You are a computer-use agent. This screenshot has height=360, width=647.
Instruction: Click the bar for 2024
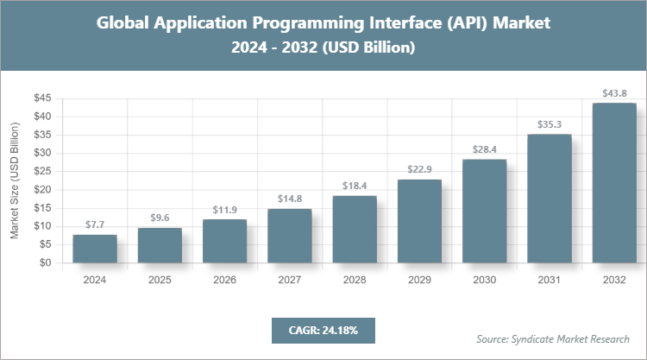point(95,249)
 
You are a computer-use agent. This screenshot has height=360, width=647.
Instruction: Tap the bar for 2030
point(485,212)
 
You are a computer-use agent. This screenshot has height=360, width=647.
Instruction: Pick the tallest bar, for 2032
point(614,183)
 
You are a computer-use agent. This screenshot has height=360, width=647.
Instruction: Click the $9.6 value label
point(160,218)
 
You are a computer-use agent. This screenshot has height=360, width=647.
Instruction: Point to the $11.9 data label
point(224,209)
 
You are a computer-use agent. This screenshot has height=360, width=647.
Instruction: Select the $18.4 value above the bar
point(355,186)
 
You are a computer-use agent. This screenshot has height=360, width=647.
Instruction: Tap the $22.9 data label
point(419,169)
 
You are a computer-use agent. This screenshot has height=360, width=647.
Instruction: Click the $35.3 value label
point(550,123)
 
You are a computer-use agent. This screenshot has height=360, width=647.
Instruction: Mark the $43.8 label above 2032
point(614,92)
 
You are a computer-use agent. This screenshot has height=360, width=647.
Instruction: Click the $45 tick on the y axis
point(41,98)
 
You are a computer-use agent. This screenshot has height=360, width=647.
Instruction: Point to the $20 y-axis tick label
point(41,190)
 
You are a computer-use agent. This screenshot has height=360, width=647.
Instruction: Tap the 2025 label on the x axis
point(160,280)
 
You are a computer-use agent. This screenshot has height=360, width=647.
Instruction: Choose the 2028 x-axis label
point(355,280)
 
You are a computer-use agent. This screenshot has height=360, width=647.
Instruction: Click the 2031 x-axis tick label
point(550,280)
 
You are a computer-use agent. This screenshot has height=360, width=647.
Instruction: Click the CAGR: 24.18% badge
point(323,330)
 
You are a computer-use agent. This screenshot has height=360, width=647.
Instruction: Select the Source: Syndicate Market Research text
point(553,338)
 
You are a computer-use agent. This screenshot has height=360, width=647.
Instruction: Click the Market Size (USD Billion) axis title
point(15,180)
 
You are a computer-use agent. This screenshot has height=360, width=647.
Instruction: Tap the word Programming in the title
point(294,23)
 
